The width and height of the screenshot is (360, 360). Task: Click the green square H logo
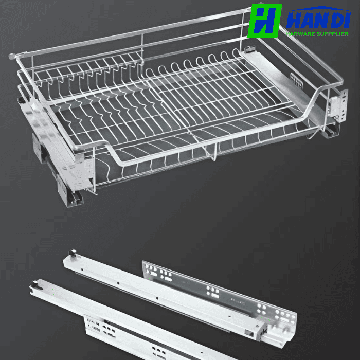pyautogui.click(x=265, y=21)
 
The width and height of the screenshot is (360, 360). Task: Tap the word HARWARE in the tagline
pyautogui.click(x=300, y=34)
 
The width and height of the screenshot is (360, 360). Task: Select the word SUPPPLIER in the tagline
pyautogui.click(x=332, y=34)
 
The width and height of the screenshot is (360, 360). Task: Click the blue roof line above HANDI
pyautogui.click(x=320, y=9)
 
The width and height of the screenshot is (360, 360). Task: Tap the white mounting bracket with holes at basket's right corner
pyautogui.click(x=339, y=105)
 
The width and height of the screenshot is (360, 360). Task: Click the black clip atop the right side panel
pyautogui.click(x=249, y=49)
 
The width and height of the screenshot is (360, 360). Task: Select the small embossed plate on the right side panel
pyautogui.click(x=296, y=81)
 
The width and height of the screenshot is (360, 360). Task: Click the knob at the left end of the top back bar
pyautogui.click(x=12, y=56)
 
